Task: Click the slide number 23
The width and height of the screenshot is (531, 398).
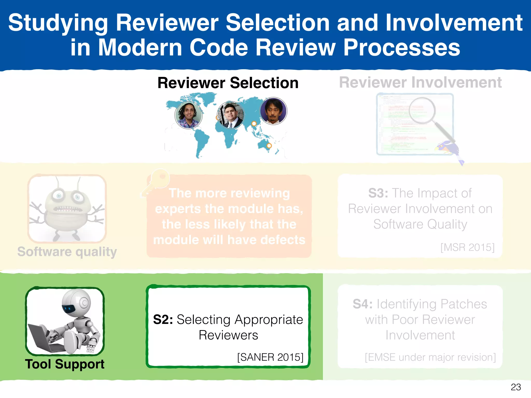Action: point(516,387)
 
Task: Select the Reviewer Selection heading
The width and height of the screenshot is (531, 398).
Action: point(228,83)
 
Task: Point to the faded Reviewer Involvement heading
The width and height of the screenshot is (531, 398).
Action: point(420,83)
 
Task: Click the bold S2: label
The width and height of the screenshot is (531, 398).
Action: point(163,319)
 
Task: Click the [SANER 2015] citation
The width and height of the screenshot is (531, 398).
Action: point(270,357)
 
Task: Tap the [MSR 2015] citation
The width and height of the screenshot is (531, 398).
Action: point(467,247)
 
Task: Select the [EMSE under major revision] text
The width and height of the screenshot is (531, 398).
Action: point(430,357)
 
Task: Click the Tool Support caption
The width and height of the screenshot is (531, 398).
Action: point(65,364)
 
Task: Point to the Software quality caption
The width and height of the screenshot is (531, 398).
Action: point(67,252)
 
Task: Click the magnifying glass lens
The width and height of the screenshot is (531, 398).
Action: point(422,110)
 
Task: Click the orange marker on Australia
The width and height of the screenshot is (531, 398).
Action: point(269,146)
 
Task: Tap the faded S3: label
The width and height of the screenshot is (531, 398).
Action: point(378,193)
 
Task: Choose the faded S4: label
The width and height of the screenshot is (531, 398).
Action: point(362,304)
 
